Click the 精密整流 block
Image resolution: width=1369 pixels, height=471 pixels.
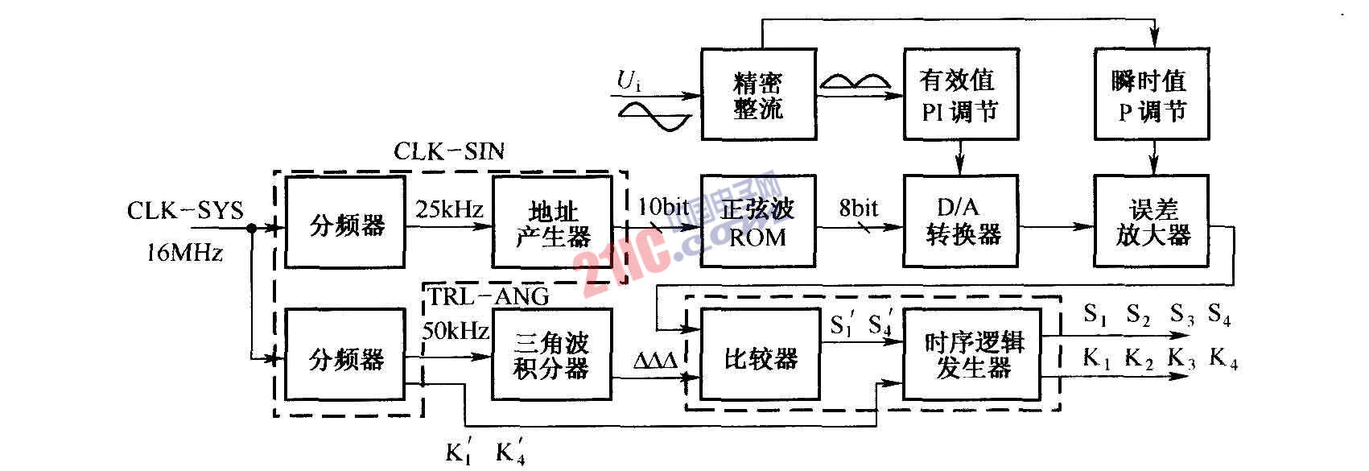tap(758, 95)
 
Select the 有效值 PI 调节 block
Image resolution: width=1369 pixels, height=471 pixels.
tap(959, 95)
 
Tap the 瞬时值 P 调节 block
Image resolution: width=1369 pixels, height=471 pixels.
tap(1152, 95)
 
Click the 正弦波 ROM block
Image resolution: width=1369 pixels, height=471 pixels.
tap(757, 222)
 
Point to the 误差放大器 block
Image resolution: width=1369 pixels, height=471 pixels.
tap(1152, 222)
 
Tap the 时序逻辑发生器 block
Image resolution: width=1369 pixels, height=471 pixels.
tap(972, 355)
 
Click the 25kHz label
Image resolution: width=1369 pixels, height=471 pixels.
tap(449, 210)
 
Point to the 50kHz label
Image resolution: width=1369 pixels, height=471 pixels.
tap(456, 330)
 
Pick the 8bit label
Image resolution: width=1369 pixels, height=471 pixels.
tap(859, 209)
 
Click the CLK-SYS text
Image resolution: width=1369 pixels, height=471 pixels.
tap(185, 211)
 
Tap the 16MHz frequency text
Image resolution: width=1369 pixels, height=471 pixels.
tap(185, 253)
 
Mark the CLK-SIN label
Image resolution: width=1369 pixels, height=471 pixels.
tap(448, 151)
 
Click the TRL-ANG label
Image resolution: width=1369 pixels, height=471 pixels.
tap(488, 296)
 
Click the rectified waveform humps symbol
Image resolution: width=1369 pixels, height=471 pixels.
tap(855, 81)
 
